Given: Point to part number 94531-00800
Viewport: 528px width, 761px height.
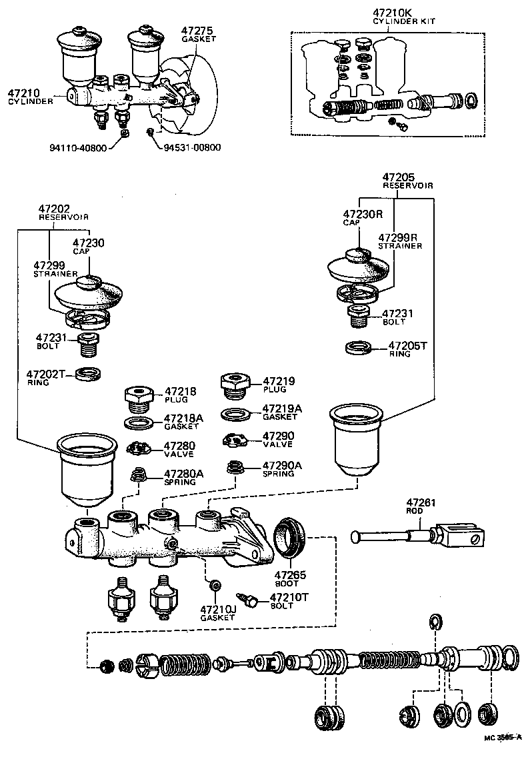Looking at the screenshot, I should (193, 147).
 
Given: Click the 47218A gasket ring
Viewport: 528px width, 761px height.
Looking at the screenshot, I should (138, 422).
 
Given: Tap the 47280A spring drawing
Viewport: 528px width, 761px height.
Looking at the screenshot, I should (138, 476).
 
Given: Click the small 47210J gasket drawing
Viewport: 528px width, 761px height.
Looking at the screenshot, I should (215, 585).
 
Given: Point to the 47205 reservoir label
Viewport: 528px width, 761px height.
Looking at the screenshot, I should (399, 181).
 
